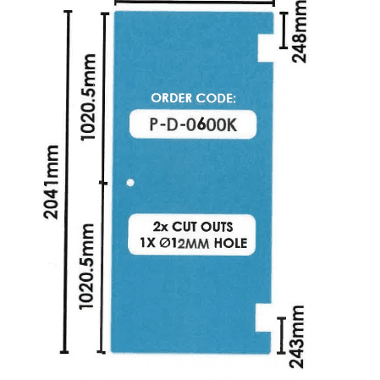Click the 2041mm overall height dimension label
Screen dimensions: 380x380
[51, 182]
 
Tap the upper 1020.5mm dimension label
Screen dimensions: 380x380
[88, 97]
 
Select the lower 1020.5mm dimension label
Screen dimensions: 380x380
[86, 267]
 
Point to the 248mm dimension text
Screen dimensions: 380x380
[299, 31]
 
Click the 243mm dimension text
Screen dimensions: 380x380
[297, 337]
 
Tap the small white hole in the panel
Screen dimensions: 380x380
[130, 183]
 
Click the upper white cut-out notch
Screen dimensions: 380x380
[266, 48]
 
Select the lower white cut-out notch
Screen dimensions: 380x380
[263, 317]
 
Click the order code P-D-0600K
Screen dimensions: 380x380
[193, 124]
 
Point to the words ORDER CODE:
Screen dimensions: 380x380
[194, 98]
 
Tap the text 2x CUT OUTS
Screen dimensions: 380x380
[193, 227]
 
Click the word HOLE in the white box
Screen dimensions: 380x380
[230, 243]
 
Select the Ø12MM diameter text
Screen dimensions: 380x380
[184, 244]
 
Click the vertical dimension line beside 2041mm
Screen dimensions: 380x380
[66, 182]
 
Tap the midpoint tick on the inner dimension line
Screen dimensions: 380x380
[103, 184]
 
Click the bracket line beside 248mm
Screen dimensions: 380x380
[284, 30]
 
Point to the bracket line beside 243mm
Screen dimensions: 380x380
[281, 335]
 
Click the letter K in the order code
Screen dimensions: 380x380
[231, 124]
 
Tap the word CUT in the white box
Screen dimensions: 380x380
[183, 227]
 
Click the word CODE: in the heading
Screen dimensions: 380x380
[216, 98]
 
